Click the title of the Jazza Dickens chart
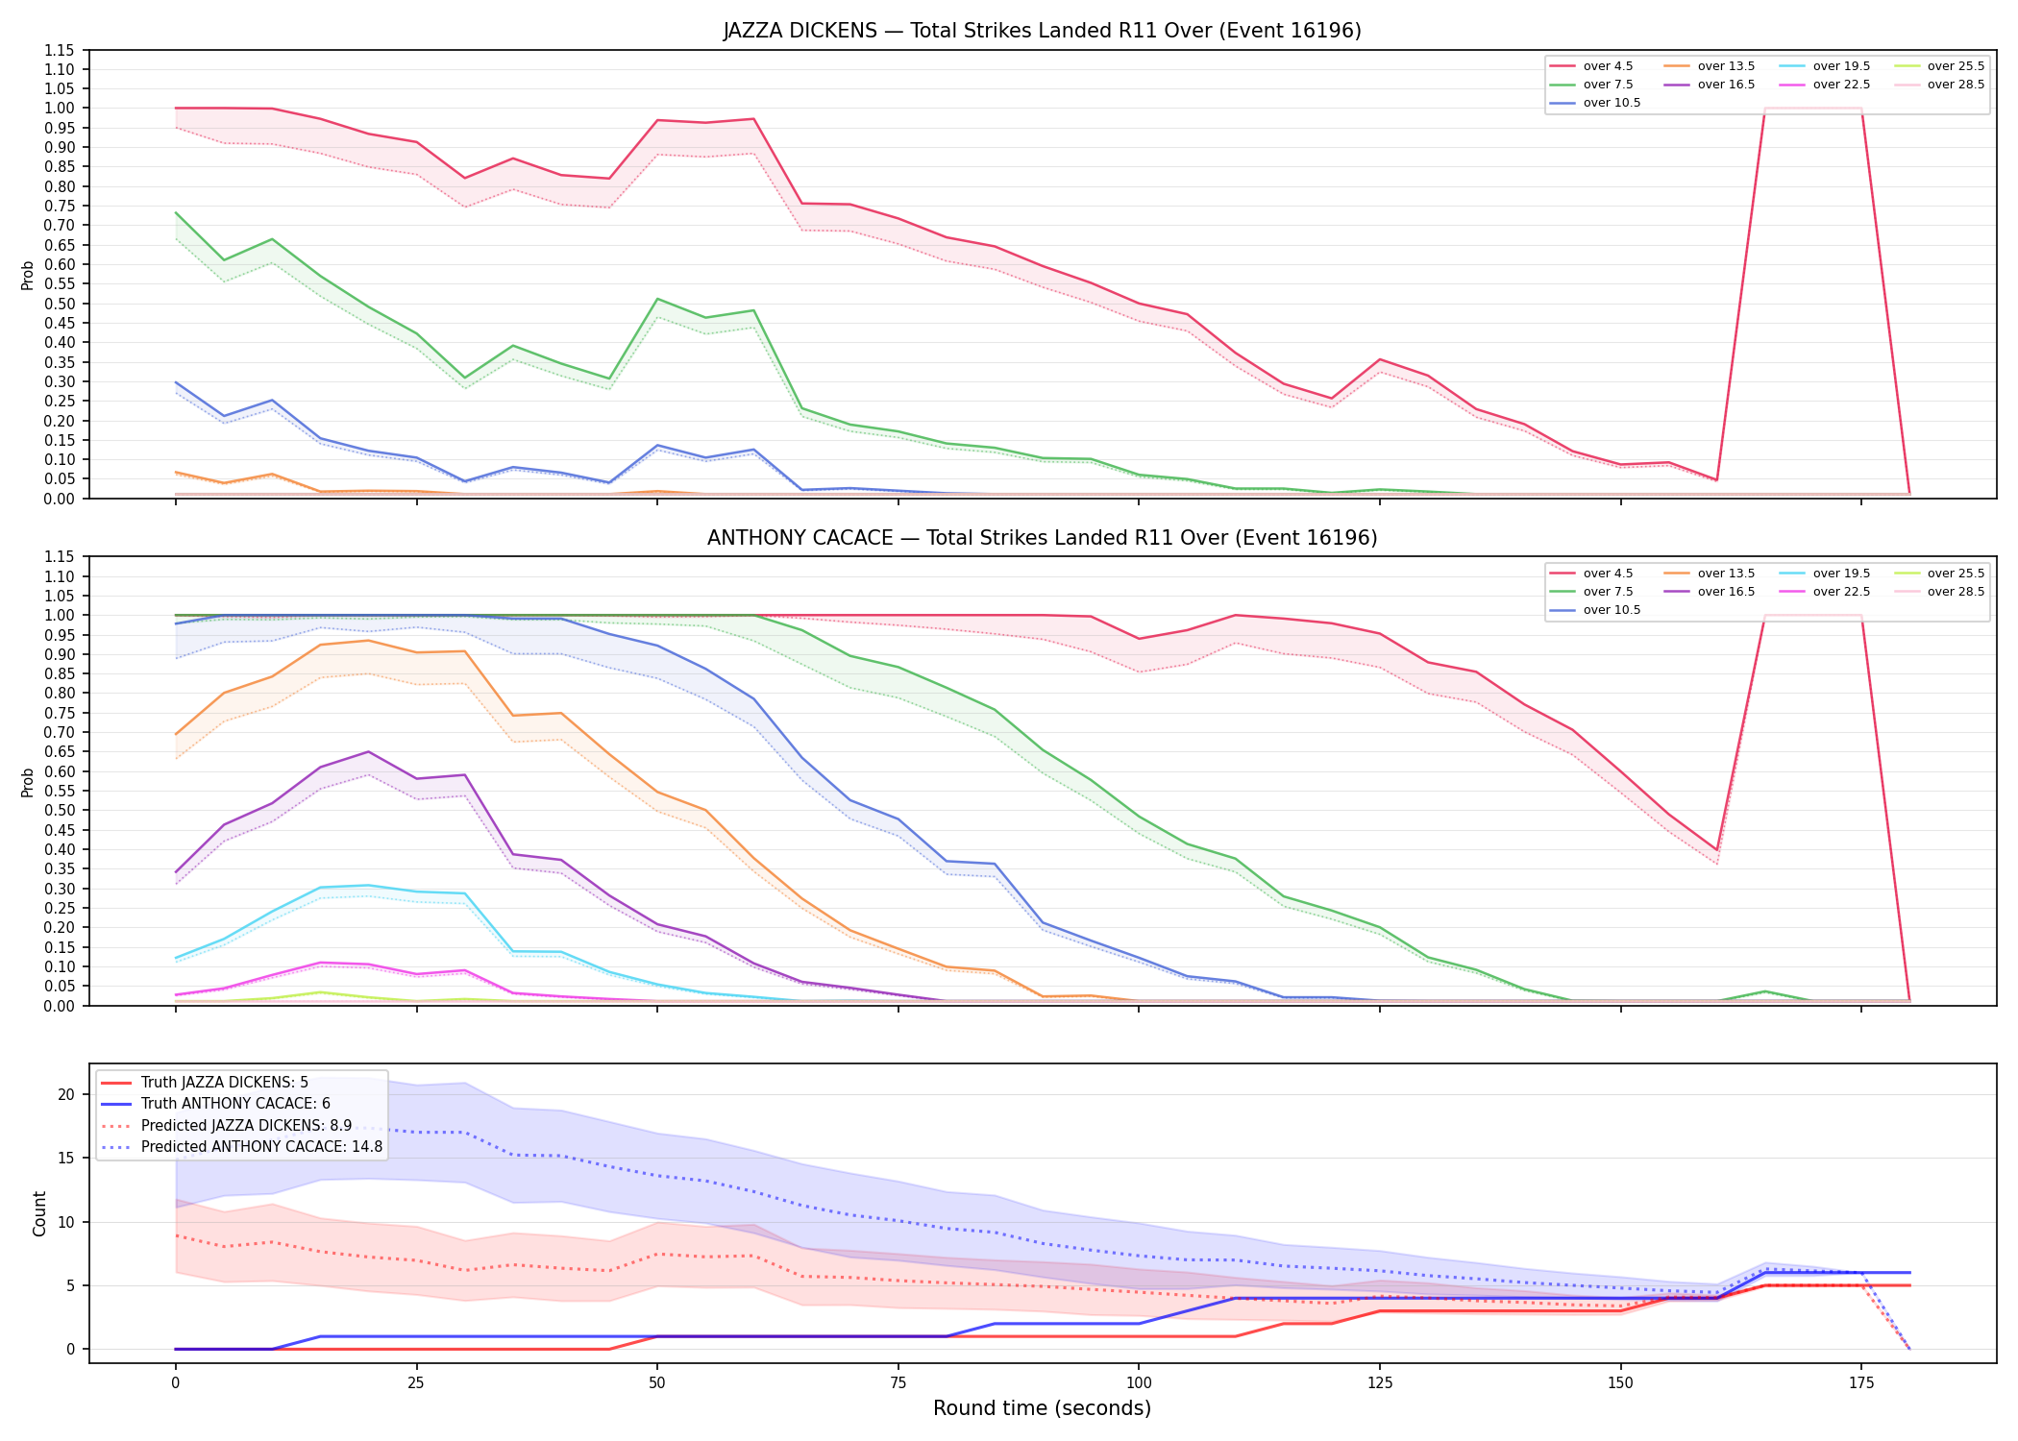1042,31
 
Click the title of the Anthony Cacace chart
1042,538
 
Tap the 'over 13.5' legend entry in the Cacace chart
1710,574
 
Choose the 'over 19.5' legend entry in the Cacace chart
1825,574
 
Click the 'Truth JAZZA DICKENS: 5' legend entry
205,1083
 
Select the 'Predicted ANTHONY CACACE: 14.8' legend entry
241,1147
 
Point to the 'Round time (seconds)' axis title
1042,1408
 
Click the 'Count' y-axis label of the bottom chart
39,1213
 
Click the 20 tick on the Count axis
66,1094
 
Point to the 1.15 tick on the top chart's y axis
60,50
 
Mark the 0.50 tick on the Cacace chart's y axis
60,810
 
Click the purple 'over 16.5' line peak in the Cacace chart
368,751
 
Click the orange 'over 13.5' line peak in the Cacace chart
368,641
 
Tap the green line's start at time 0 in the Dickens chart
175,212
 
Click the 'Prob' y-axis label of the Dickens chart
28,276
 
